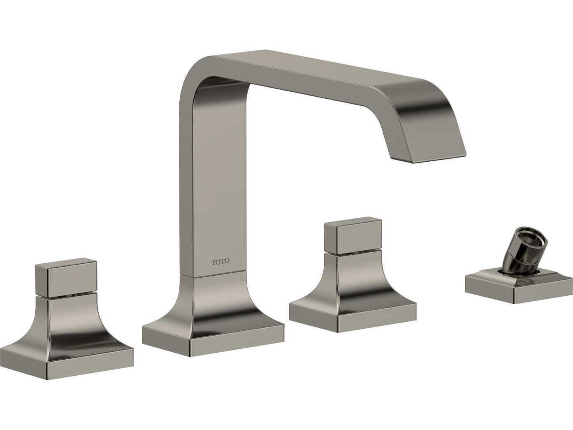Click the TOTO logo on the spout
(x=220, y=262)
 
